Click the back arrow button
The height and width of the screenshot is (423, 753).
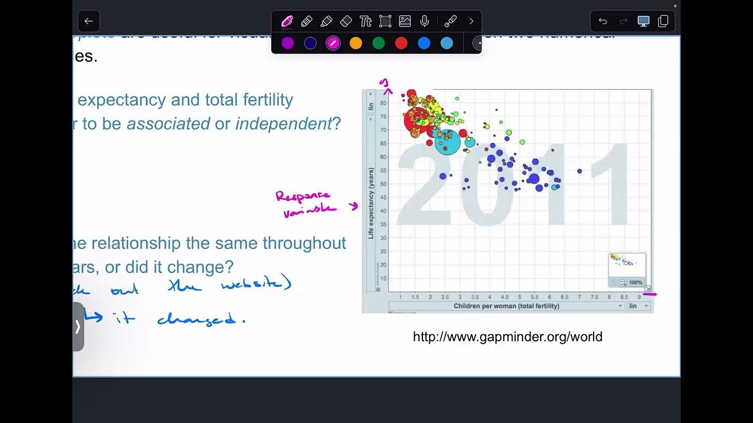click(89, 21)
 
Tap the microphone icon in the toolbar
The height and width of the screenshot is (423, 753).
click(424, 21)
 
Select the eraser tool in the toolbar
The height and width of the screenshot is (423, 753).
click(346, 21)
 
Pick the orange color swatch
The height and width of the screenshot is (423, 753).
click(356, 43)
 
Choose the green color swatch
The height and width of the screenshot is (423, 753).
click(378, 43)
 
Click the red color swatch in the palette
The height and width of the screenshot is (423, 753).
click(401, 43)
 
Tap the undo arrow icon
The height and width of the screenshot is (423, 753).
click(603, 21)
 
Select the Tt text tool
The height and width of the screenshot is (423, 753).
click(365, 21)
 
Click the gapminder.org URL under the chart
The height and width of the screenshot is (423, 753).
click(508, 337)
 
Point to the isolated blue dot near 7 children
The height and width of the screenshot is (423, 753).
click(579, 171)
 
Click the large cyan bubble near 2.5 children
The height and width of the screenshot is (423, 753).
click(448, 142)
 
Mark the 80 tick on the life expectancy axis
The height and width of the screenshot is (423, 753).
click(383, 103)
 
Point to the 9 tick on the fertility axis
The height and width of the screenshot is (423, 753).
click(639, 297)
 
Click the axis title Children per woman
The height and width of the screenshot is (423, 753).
click(506, 306)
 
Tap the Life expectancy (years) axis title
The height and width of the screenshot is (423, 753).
click(371, 203)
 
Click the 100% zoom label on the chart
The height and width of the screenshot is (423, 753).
click(635, 283)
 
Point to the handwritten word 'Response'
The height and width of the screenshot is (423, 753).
click(303, 196)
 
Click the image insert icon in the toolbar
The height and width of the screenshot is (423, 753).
click(405, 21)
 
